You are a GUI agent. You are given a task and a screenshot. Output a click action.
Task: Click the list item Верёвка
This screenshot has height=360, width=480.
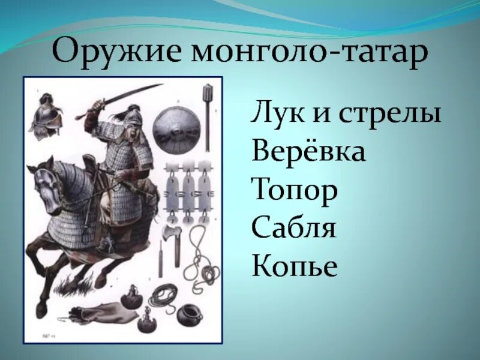point(308,152)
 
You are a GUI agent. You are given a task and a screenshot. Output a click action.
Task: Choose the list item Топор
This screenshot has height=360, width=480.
point(295,191)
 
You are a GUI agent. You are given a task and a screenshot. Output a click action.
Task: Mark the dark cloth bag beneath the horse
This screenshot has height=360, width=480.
point(93,316)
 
